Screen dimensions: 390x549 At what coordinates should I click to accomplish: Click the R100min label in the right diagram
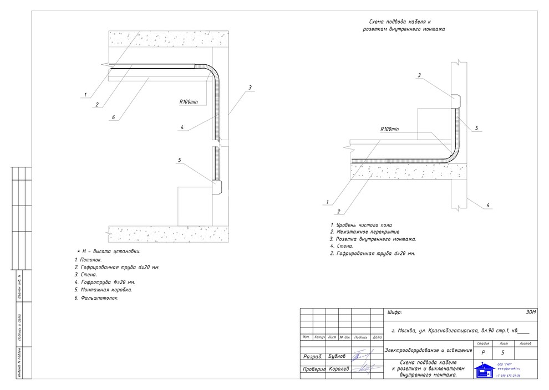tap(390, 129)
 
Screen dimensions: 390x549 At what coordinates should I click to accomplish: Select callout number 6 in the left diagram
tap(113, 117)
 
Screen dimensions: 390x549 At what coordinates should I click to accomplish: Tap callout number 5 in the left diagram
tap(179, 160)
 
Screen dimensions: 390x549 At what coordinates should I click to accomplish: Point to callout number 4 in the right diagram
tap(487, 206)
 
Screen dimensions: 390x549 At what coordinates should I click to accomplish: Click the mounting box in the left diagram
tap(216, 187)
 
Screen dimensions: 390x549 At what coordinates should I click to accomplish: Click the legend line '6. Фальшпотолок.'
tap(96, 297)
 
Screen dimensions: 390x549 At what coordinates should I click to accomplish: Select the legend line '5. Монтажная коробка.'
tap(103, 290)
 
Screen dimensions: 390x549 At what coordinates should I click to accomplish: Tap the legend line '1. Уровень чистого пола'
tap(360, 225)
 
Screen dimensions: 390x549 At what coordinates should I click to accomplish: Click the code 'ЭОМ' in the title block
tap(531, 313)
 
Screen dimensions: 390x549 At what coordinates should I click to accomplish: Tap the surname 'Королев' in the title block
tap(338, 369)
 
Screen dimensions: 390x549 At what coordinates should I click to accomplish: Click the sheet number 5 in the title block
tap(502, 352)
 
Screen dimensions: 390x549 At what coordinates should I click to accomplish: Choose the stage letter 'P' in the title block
tap(484, 352)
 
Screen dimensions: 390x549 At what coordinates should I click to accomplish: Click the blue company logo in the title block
tap(483, 370)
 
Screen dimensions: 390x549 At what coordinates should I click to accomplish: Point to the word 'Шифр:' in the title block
tap(394, 313)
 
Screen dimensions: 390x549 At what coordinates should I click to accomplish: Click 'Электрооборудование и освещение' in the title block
tap(429, 350)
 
